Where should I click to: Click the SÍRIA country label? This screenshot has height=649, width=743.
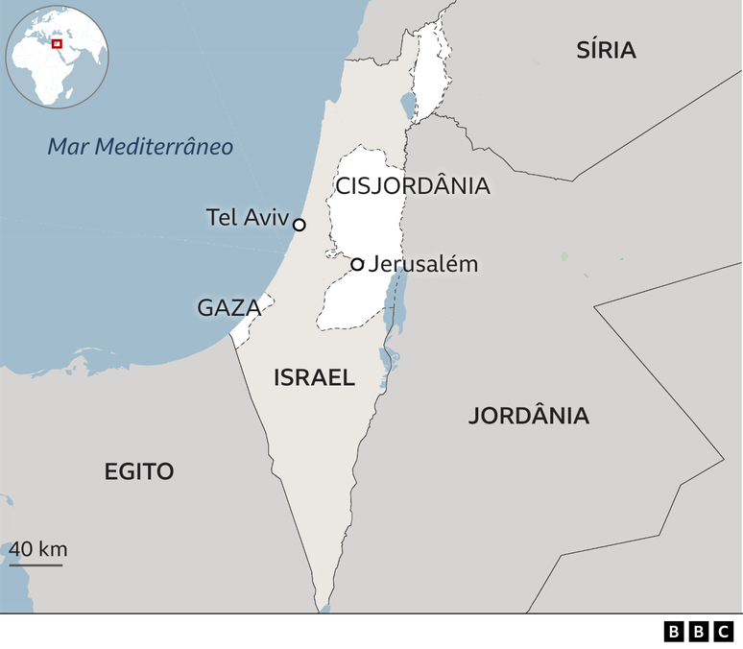[x=606, y=51]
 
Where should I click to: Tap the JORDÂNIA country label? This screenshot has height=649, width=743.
[x=528, y=416]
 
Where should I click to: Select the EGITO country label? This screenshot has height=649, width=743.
[x=139, y=471]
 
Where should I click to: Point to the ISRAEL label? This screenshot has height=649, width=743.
[x=314, y=377]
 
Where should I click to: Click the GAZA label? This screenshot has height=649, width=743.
[x=228, y=308]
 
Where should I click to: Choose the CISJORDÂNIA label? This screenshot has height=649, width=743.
[x=413, y=186]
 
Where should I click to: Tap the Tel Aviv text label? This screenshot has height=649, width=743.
[x=247, y=218]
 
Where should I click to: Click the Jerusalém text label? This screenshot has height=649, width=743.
[x=422, y=263]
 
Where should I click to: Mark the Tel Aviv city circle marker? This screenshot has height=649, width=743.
[x=300, y=225]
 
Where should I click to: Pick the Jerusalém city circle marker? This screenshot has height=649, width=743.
[x=357, y=264]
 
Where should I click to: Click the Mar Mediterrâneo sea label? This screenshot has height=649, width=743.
[x=140, y=147]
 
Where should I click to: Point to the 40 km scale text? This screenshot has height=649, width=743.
[x=38, y=549]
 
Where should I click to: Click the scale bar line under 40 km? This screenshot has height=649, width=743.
[x=36, y=565]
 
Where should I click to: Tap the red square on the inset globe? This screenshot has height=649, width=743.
[x=57, y=43]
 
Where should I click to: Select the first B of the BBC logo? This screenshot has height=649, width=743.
[x=674, y=631]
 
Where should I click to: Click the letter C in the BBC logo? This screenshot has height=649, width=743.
[x=722, y=631]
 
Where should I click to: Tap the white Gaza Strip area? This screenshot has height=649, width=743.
[x=252, y=320]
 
